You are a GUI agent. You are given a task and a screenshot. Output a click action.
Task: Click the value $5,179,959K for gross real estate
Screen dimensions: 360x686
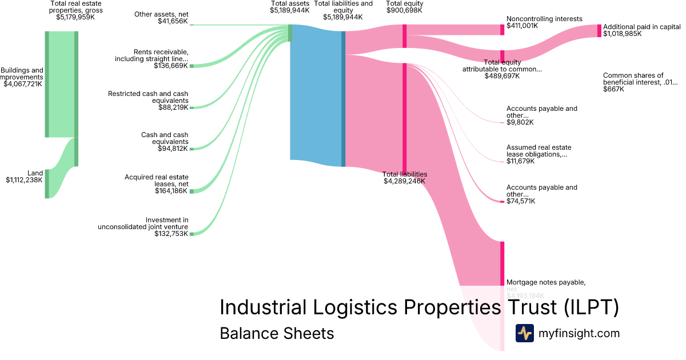[x=75, y=17]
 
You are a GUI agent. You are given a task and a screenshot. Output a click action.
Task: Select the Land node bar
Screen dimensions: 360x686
[x=47, y=183]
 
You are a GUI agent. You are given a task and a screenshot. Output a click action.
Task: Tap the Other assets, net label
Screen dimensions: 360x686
[x=161, y=14]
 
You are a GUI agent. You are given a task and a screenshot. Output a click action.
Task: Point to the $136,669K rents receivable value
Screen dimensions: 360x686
[x=171, y=66]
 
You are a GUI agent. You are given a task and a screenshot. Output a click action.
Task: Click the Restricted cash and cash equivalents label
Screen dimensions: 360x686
[x=148, y=97]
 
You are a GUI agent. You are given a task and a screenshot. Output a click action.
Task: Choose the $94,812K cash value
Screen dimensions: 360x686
[x=173, y=149]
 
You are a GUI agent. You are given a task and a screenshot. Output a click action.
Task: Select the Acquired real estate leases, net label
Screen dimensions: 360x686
[x=157, y=181]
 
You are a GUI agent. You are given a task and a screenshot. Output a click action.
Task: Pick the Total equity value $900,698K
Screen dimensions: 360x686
[x=404, y=10]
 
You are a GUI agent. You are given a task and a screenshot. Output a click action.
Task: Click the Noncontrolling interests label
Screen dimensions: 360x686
[x=544, y=19]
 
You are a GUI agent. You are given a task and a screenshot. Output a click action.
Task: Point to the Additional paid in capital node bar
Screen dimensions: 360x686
[x=599, y=31]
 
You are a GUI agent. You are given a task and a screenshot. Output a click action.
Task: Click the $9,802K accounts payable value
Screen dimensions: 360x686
[x=520, y=122]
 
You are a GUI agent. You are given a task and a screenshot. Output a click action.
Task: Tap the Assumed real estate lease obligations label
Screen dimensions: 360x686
[x=539, y=151]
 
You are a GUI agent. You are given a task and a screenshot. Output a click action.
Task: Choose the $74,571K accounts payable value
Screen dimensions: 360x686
[x=522, y=201]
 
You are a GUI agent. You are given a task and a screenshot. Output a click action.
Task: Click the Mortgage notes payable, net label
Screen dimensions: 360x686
[x=546, y=282]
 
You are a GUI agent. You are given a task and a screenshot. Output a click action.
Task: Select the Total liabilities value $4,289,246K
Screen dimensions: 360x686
[x=404, y=181]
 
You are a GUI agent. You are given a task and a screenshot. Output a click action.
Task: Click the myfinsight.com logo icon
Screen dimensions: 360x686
[x=524, y=333]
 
